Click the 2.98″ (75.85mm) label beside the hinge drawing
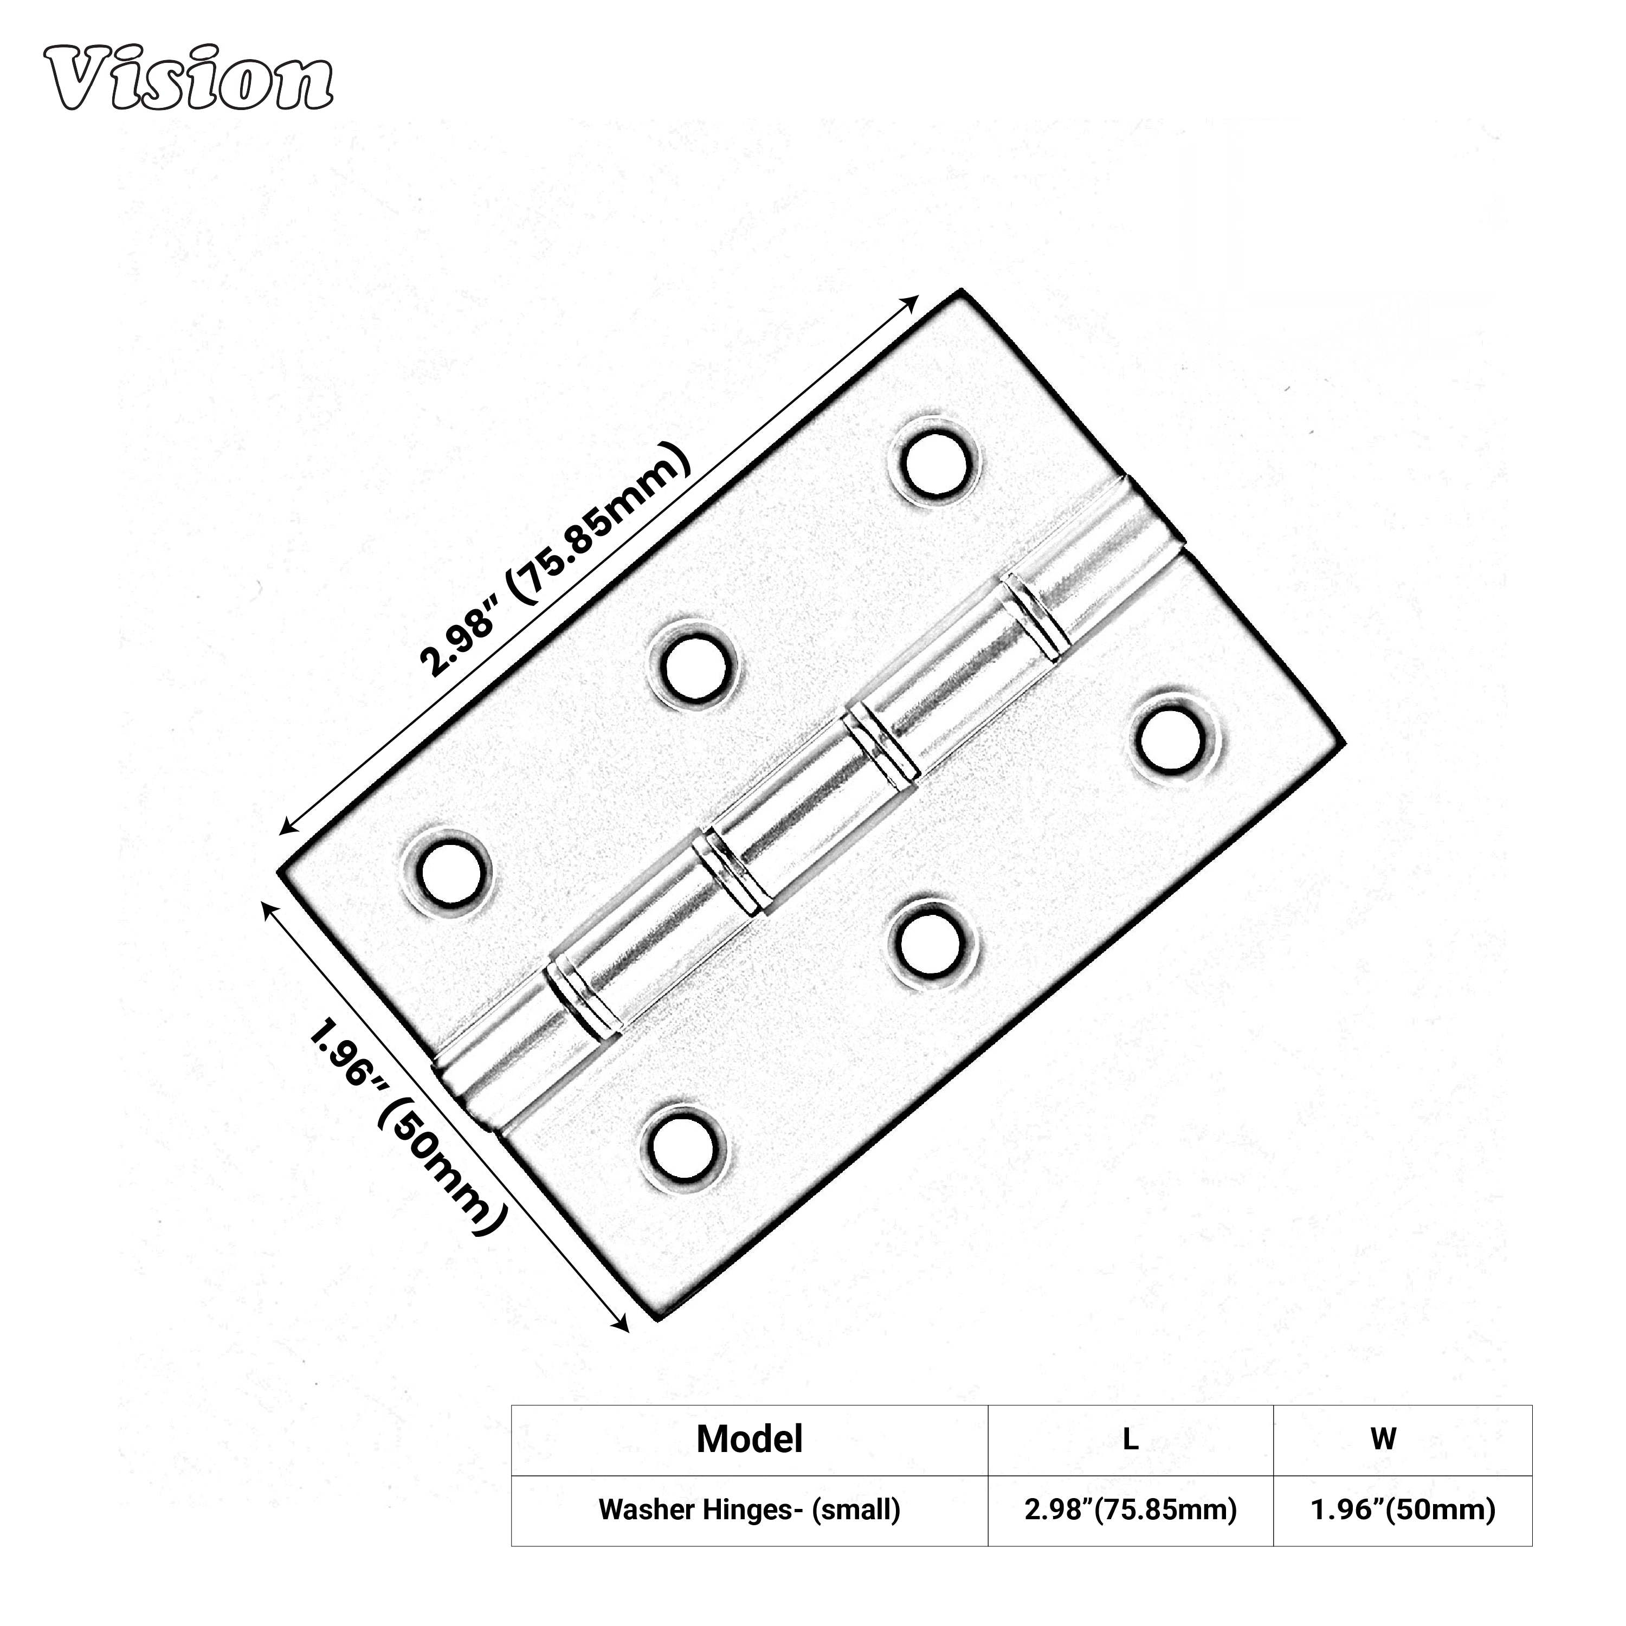point(556,560)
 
